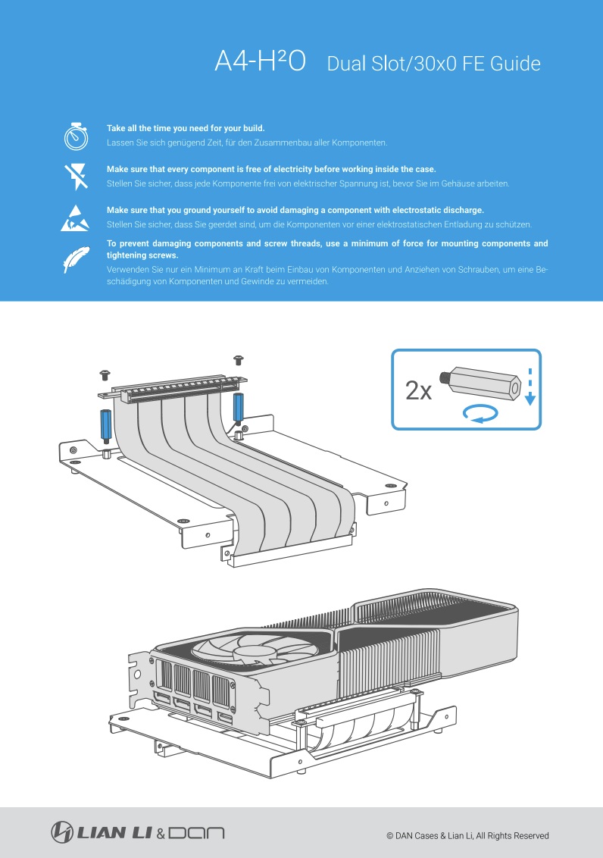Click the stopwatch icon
77,136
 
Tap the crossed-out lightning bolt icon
77,176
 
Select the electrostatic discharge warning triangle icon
77,217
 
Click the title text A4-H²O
260,63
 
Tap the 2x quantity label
418,391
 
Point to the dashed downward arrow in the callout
530,387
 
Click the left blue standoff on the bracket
106,425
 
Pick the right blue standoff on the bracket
238,409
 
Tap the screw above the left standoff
105,374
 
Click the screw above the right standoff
238,357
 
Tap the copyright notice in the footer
467,836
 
